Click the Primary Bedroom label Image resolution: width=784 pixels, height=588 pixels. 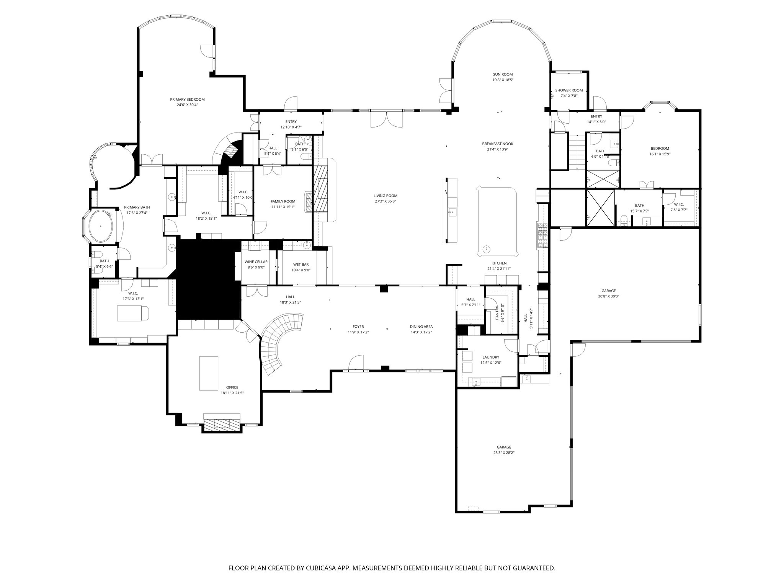tap(187, 100)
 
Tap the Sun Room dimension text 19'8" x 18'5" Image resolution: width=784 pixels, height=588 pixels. tap(503, 80)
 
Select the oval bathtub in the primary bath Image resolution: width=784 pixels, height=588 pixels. tap(101, 225)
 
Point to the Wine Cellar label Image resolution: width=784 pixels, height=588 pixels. tap(256, 262)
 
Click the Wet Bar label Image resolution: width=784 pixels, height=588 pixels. tap(301, 265)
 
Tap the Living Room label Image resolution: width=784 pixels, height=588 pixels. tap(385, 196)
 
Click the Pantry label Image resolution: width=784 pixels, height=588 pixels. tap(497, 313)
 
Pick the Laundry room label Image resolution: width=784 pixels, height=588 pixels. tap(491, 357)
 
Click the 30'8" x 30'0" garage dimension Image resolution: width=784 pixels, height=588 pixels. tap(609, 296)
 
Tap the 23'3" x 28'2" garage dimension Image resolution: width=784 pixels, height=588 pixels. tap(504, 453)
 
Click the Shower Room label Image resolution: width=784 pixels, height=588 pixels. tap(569, 90)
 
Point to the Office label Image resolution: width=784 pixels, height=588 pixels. tap(232, 387)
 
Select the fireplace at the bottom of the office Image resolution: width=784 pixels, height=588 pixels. tap(222, 423)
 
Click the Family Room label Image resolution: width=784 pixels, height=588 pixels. tap(283, 201)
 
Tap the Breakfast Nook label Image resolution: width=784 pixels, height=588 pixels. tap(497, 144)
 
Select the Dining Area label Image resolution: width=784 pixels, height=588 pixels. tap(421, 327)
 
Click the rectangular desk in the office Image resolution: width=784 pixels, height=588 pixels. tap(209, 373)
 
